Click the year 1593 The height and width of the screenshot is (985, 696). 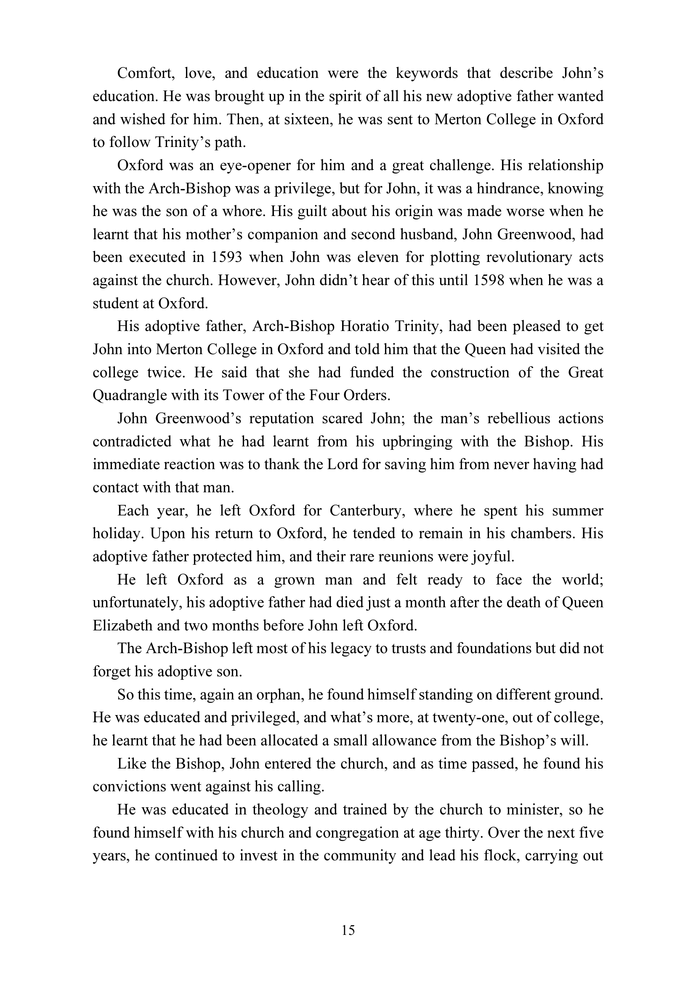[x=226, y=257]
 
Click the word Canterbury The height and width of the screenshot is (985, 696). [x=365, y=511]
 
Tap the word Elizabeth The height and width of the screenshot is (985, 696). [x=122, y=626]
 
